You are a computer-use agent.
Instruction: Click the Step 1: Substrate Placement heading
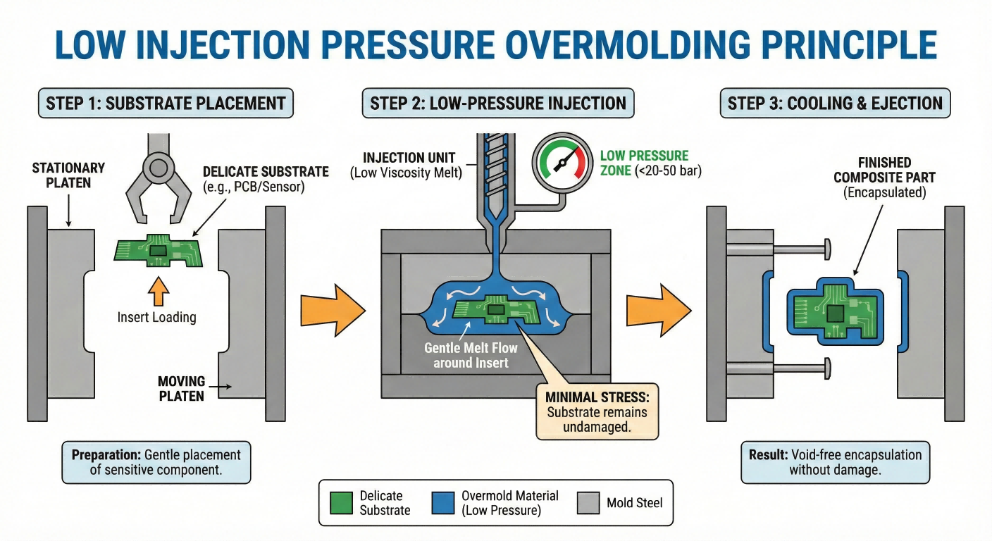click(x=166, y=104)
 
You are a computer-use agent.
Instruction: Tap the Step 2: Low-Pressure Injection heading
click(x=498, y=104)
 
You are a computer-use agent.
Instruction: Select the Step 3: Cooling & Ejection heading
click(x=835, y=104)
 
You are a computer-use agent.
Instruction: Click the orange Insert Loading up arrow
click(x=156, y=290)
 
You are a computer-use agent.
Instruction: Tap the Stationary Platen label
click(x=68, y=176)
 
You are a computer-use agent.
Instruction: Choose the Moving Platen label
click(x=180, y=389)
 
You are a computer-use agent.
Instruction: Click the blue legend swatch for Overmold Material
click(x=443, y=503)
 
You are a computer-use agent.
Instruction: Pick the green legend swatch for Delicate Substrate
click(x=342, y=503)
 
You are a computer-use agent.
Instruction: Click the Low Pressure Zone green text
click(x=644, y=163)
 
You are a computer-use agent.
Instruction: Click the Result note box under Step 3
click(x=835, y=462)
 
